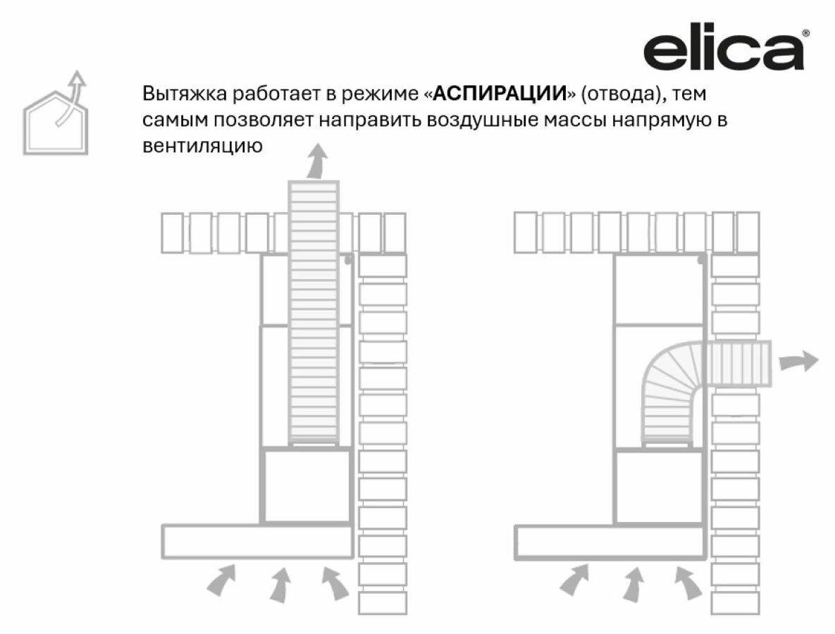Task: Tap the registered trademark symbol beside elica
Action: click(x=805, y=33)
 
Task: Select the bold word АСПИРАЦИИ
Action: click(x=500, y=94)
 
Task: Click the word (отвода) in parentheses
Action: click(x=615, y=94)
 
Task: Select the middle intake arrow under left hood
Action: click(x=280, y=584)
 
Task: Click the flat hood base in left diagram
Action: click(x=257, y=541)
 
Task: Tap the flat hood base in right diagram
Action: click(x=610, y=541)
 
